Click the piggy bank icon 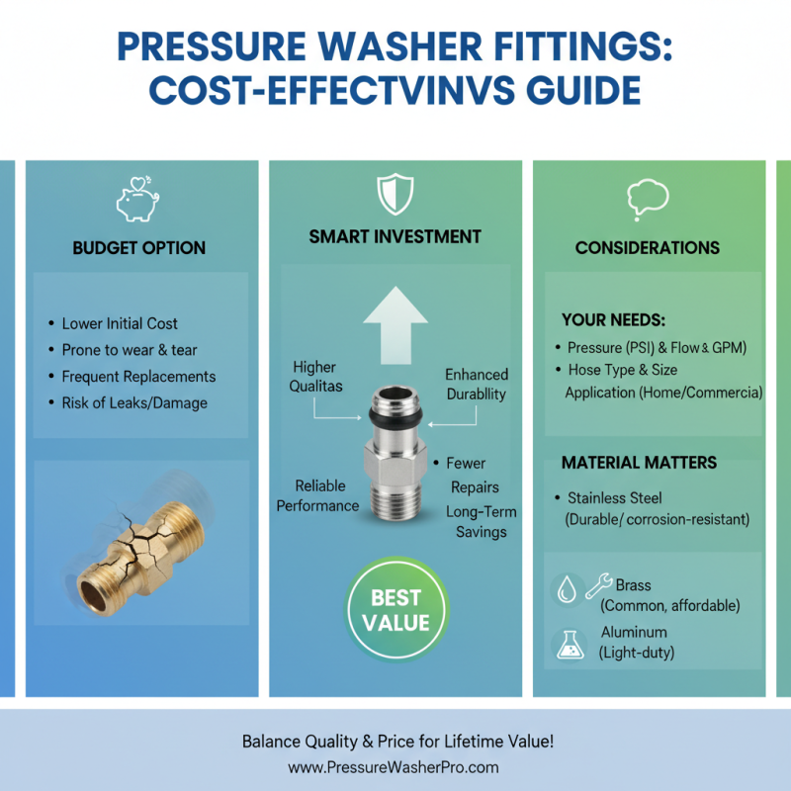pyautogui.click(x=137, y=200)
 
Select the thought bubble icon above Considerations pyautogui.click(x=648, y=199)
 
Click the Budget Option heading pyautogui.click(x=139, y=248)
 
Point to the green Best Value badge pyautogui.click(x=395, y=610)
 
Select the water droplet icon pyautogui.click(x=566, y=591)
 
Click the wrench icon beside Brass pyautogui.click(x=599, y=585)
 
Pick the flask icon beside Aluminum pyautogui.click(x=567, y=645)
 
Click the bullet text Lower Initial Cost pyautogui.click(x=120, y=323)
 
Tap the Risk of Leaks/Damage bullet pyautogui.click(x=134, y=402)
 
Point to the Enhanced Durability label pyautogui.click(x=476, y=384)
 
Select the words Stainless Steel pyautogui.click(x=615, y=498)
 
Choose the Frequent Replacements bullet pyautogui.click(x=138, y=377)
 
